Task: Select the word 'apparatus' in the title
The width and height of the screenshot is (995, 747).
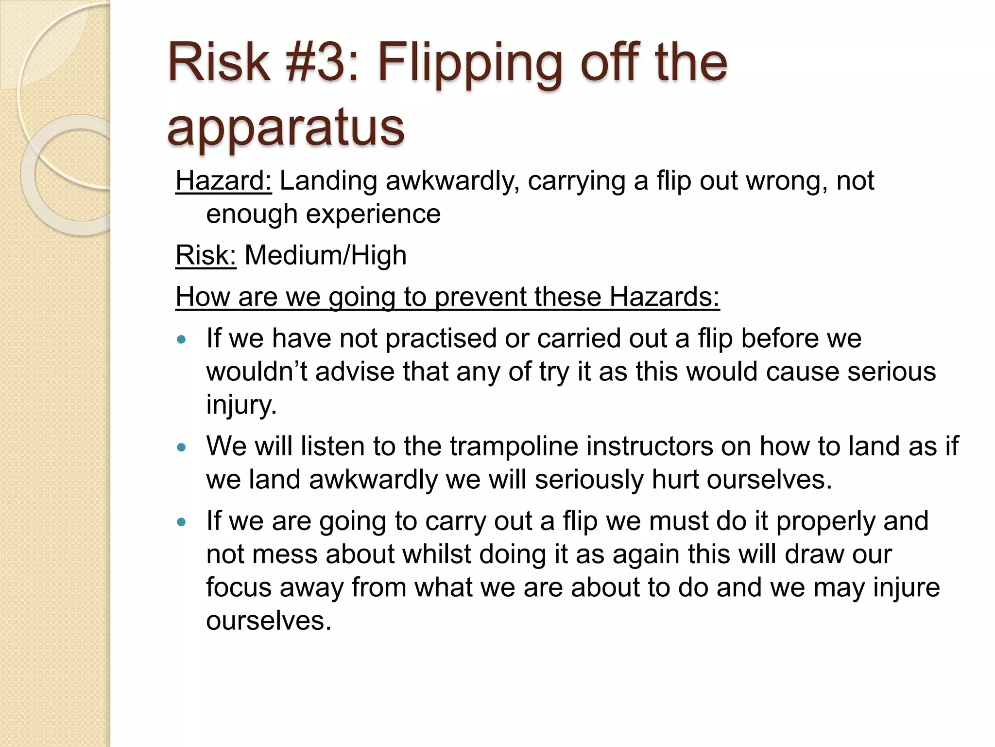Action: coord(286,127)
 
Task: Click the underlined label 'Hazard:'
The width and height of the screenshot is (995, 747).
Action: coord(223,181)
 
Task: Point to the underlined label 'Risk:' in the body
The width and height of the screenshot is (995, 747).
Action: coord(206,255)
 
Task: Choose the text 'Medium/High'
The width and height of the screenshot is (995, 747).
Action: coord(326,255)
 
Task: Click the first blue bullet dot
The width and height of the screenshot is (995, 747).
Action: coord(182,339)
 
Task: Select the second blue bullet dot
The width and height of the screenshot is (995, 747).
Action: coord(182,447)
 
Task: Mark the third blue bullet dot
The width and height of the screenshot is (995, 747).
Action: coord(182,522)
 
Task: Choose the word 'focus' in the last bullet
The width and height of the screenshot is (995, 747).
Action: coord(239,587)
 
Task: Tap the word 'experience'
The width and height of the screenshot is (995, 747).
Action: coord(323,214)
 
